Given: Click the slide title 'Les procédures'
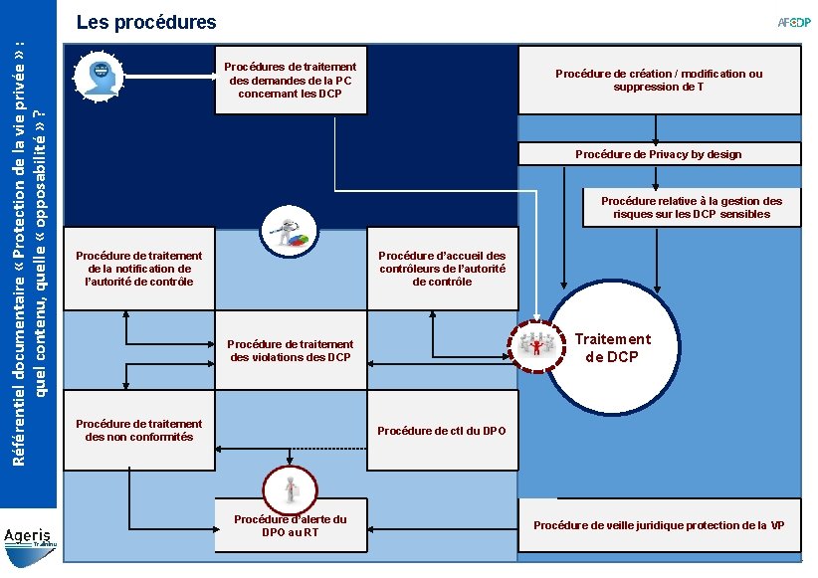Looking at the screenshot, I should click(139, 21).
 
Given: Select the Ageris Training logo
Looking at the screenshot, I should click(30, 537).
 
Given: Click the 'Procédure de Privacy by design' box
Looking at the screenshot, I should click(658, 154).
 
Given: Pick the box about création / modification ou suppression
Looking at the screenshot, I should click(658, 81).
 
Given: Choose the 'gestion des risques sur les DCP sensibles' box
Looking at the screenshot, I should click(691, 207).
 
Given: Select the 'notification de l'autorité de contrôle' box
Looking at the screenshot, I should click(138, 269).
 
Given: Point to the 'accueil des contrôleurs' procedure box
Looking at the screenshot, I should click(442, 269).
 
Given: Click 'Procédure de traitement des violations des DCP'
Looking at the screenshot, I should click(291, 350).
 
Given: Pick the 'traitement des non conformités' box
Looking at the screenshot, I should click(138, 430).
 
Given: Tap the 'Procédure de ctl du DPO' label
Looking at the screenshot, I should click(442, 431).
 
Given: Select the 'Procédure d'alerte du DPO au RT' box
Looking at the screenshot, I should click(291, 525).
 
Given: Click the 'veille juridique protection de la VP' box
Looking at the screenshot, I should click(660, 524).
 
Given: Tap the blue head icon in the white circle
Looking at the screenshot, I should click(101, 75).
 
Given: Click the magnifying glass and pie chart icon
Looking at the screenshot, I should click(290, 233).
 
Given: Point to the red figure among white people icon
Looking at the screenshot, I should click(536, 344).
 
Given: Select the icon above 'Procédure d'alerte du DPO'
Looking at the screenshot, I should click(290, 488).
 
